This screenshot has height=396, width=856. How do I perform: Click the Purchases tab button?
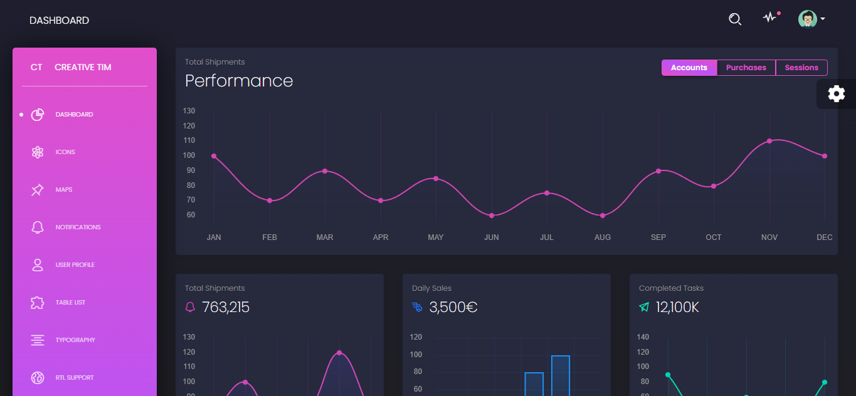click(746, 68)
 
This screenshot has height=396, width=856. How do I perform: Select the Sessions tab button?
click(801, 68)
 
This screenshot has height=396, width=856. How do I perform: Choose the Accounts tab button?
click(689, 68)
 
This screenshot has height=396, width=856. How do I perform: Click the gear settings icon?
click(836, 94)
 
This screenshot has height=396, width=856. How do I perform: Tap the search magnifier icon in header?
click(735, 19)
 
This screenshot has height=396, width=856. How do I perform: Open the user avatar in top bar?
click(807, 19)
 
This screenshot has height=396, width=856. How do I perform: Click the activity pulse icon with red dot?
click(769, 18)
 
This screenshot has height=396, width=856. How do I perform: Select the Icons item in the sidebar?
click(65, 152)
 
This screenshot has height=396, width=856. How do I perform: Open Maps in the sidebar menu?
click(63, 190)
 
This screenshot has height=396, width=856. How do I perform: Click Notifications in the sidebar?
click(78, 227)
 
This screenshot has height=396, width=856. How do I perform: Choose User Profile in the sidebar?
click(75, 265)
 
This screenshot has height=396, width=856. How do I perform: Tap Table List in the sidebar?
click(70, 303)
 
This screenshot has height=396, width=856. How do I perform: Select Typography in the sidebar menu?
click(75, 340)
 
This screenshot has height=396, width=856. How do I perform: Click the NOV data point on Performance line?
click(769, 141)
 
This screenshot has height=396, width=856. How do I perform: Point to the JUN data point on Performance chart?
click(492, 216)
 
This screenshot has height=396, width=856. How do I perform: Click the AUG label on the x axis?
click(603, 237)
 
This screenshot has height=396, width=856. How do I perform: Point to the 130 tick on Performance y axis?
click(189, 111)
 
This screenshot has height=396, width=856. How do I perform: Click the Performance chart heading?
click(239, 81)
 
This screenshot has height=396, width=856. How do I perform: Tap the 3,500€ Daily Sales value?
click(453, 308)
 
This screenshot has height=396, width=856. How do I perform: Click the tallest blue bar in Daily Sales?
click(560, 376)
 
